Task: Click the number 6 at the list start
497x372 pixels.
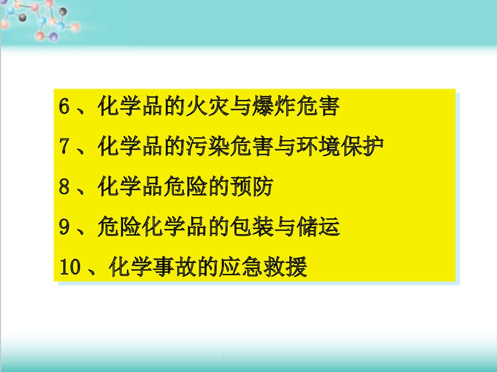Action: pos(64,107)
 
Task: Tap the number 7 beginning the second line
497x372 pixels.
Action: pos(64,147)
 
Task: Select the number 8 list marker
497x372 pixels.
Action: pos(64,187)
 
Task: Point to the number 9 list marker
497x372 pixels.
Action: pos(64,228)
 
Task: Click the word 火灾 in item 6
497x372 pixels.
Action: pos(208,107)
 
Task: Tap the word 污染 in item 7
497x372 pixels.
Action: pos(208,147)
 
